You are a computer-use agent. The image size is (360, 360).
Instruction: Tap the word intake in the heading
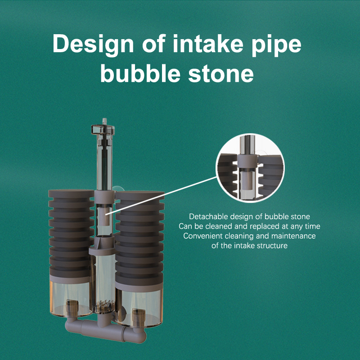point(208,43)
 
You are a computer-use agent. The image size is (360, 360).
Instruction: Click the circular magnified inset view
point(250,168)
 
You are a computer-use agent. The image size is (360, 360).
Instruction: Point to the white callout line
point(161,196)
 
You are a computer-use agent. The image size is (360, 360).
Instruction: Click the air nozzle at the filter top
point(104,121)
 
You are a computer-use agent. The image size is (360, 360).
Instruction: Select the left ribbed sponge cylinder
point(71,233)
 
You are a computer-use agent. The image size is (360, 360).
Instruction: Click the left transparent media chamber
point(70,298)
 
